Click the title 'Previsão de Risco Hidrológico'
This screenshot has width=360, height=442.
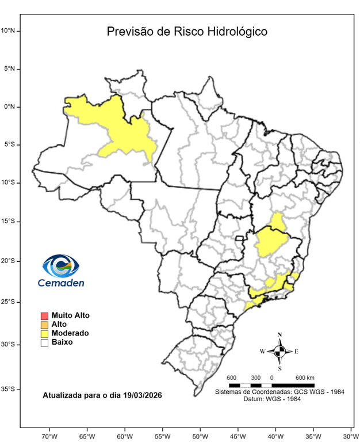tap(187, 32)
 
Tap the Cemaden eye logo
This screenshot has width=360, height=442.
tap(60, 266)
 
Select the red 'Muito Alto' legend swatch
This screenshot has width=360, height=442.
tap(44, 315)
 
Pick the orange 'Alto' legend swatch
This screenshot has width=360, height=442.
tap(44, 325)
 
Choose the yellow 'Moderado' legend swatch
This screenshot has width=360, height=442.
tap(44, 333)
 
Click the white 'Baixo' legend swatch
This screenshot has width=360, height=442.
tap(44, 342)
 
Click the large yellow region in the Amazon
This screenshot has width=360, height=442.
tap(124, 135)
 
